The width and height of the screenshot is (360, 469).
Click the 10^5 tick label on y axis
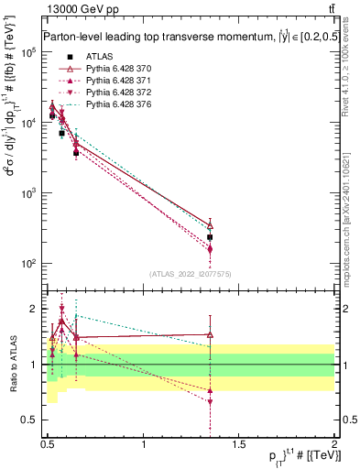point(28,52)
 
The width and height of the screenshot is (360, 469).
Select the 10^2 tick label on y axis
point(28,264)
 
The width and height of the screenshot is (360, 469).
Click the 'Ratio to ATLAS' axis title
point(12,364)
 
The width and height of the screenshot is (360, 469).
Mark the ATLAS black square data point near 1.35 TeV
point(210,237)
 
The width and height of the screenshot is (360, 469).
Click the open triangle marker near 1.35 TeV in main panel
point(210,225)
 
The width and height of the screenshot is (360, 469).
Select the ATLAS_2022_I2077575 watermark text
point(191,274)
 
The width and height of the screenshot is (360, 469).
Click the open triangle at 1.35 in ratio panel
point(210,334)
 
